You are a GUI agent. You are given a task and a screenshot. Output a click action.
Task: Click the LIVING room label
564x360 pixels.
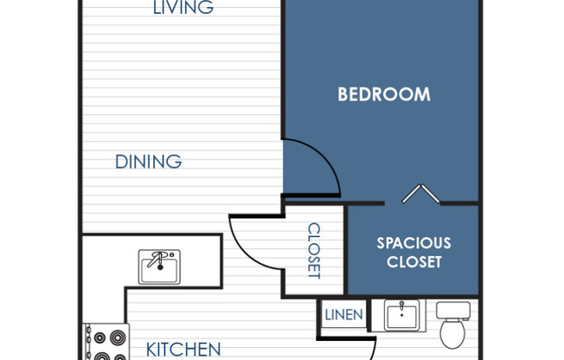[x=183, y=9]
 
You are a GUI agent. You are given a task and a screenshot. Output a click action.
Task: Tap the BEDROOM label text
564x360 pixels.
[x=383, y=94]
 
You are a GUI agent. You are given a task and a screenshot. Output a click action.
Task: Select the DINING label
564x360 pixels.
[x=148, y=162]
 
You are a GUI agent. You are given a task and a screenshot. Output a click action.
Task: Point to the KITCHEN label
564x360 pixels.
[x=183, y=350]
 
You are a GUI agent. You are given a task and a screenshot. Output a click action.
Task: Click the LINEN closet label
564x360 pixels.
[x=343, y=315]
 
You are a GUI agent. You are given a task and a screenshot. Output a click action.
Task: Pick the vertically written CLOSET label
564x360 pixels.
[x=314, y=251]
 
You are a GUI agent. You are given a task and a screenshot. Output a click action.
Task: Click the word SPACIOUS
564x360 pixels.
[x=413, y=243]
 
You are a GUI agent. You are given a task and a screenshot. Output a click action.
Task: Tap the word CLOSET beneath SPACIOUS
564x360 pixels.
[x=413, y=262]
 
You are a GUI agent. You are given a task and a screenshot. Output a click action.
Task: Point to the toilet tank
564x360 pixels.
[x=452, y=310]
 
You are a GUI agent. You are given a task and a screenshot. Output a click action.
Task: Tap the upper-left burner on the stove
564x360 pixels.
[x=99, y=337]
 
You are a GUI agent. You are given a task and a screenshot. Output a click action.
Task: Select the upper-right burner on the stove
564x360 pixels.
[x=118, y=337]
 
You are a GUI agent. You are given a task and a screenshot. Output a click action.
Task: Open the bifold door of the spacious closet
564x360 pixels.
[x=420, y=194]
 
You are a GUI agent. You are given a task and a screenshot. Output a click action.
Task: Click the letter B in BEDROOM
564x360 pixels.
[x=343, y=94]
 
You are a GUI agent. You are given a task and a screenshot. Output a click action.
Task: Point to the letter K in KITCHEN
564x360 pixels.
[x=151, y=350]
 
